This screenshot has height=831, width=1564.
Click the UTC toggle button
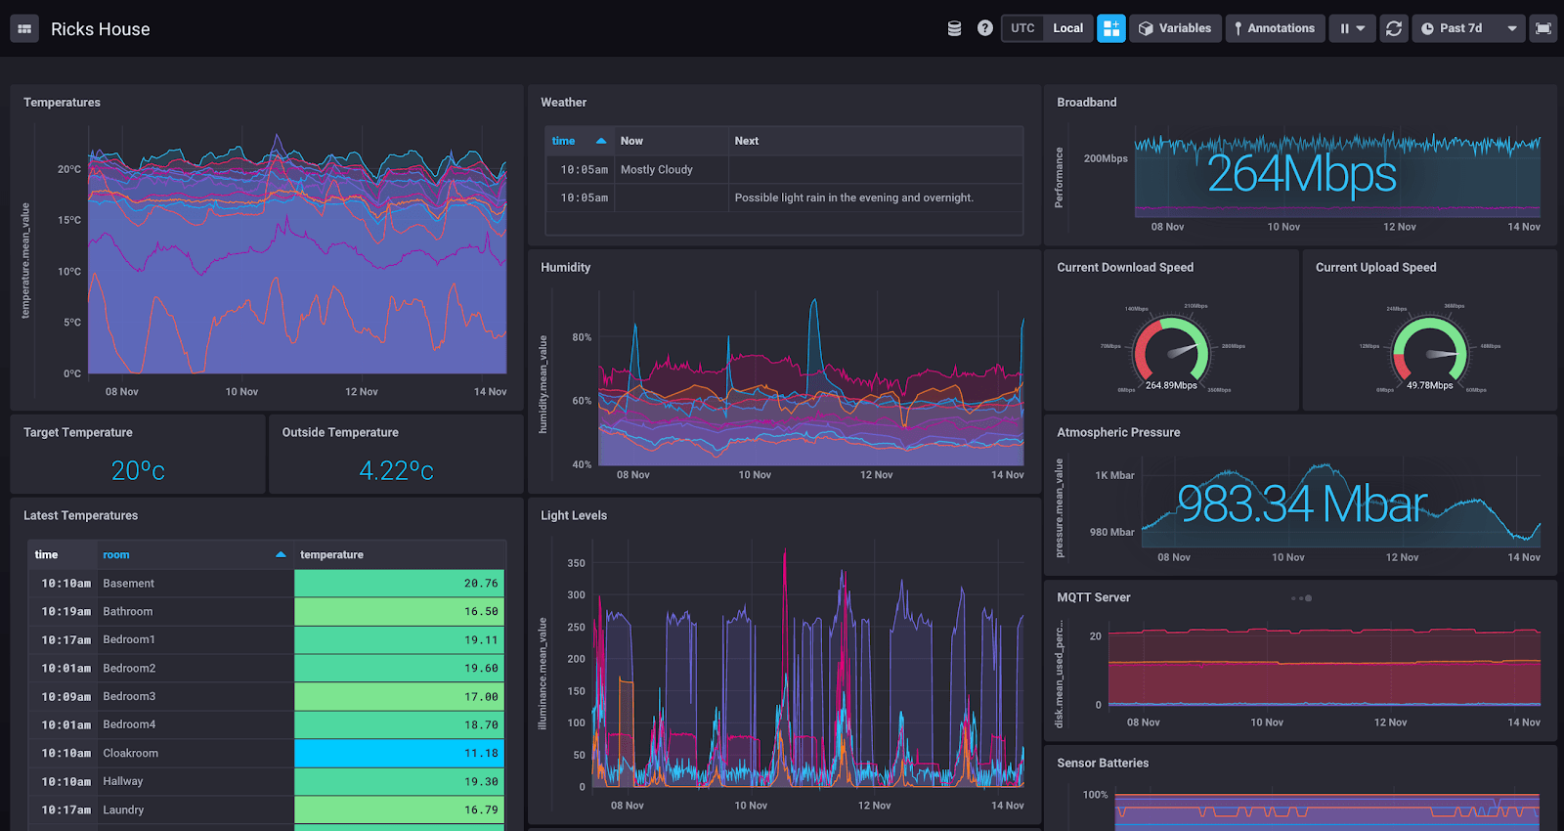[1022, 28]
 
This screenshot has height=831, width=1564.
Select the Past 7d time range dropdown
[1468, 28]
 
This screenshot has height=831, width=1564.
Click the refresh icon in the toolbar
[1393, 28]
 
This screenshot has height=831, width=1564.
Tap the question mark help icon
[984, 28]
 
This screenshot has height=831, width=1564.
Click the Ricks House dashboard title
[100, 29]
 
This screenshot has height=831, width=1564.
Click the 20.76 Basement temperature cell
[399, 584]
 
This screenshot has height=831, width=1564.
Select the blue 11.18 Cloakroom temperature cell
[399, 754]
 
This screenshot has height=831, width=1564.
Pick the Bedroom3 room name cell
[129, 697]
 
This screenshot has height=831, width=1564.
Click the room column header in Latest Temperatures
[116, 555]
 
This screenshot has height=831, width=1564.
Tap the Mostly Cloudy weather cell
[656, 170]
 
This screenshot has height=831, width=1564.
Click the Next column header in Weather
[747, 141]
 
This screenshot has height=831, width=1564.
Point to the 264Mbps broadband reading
[1301, 175]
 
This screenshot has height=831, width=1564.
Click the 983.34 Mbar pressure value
[1301, 504]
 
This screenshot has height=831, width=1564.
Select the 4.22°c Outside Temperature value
[396, 471]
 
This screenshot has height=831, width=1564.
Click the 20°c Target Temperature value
[138, 471]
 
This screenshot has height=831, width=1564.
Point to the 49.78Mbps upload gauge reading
[1429, 385]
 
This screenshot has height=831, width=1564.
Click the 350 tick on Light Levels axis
[576, 563]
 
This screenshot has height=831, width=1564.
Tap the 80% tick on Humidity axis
[582, 337]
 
